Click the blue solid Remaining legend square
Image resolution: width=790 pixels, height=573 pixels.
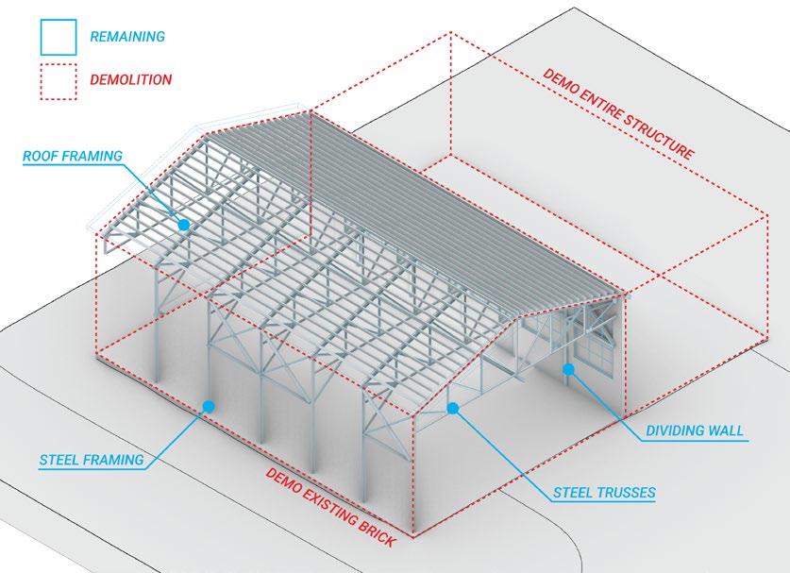pos(58,37)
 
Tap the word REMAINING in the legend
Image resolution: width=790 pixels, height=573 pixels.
pos(126,37)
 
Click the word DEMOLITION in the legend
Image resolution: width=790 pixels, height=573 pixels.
pos(130,80)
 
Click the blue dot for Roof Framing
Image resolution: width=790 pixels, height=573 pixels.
pos(183,225)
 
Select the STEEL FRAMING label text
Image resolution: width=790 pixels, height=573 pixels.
pos(92,461)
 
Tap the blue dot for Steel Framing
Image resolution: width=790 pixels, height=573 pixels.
pos(209,406)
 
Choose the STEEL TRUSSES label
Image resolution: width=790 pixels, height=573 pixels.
pos(605,492)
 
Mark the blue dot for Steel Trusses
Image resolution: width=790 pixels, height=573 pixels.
pos(453,409)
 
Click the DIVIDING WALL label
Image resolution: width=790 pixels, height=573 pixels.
pos(695,430)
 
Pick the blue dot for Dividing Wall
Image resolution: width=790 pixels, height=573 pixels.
pos(568,369)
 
